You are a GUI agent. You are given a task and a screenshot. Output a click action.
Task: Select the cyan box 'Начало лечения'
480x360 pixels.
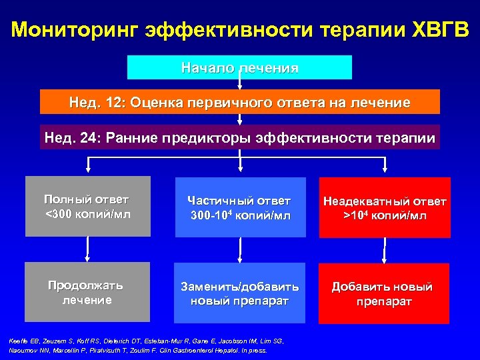pos(239,67)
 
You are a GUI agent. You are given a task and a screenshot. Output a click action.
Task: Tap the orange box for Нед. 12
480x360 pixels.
pos(240,103)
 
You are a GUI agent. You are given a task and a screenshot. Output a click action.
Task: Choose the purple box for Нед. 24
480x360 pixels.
pos(240,138)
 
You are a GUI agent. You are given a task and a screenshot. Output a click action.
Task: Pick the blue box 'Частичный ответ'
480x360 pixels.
pos(239,207)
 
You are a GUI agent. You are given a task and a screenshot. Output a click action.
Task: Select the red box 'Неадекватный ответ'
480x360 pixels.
pos(385,207)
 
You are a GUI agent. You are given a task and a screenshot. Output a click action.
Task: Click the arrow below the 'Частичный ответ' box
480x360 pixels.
pos(239,250)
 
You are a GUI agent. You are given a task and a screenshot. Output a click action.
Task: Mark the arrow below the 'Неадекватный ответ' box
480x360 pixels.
pos(383,250)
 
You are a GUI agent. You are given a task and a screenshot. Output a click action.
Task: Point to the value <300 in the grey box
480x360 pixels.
pos(59,213)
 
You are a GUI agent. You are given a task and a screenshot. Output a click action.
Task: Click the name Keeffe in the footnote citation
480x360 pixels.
pos(20,341)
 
